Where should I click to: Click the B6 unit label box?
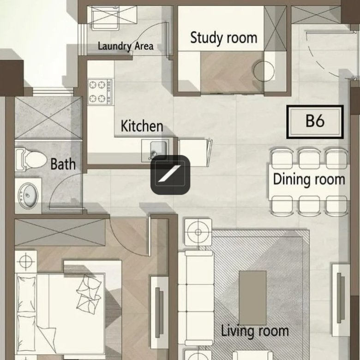(x=315, y=122)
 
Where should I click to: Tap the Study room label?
(x=224, y=38)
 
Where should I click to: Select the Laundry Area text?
(x=126, y=46)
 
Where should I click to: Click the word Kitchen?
(x=142, y=126)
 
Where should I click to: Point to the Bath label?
(x=63, y=164)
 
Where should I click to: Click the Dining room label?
(x=309, y=180)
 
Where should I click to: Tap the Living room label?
(x=255, y=331)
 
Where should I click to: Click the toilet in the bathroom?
(x=31, y=159)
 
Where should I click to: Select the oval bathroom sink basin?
(x=28, y=196)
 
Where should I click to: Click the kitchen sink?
(x=158, y=150)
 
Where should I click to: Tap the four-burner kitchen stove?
(x=100, y=92)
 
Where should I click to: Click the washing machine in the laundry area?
(x=105, y=18)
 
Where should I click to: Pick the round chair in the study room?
(x=264, y=71)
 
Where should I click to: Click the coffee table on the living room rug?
(x=252, y=298)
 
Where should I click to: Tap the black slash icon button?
(x=170, y=175)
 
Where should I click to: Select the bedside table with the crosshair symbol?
(x=26, y=262)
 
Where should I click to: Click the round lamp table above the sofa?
(x=198, y=232)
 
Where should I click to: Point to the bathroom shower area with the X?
(x=48, y=118)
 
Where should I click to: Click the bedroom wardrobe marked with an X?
(x=60, y=232)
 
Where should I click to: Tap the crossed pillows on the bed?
(x=89, y=294)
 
